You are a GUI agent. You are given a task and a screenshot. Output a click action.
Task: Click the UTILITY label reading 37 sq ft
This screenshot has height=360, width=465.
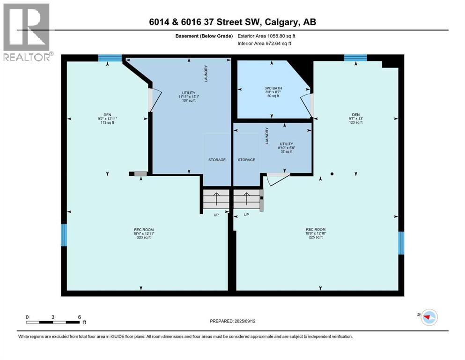click(x=286, y=148)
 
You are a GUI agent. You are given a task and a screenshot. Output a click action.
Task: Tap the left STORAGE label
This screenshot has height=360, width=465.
click(x=217, y=160)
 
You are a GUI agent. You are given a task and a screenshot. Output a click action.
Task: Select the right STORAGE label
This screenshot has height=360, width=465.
click(x=246, y=160)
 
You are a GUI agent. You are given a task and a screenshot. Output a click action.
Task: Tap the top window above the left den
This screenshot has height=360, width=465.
click(x=110, y=58)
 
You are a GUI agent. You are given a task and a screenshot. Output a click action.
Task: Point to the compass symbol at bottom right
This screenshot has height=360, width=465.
click(x=429, y=317)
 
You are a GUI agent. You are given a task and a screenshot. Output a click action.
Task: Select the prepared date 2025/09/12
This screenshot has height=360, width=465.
click(x=233, y=322)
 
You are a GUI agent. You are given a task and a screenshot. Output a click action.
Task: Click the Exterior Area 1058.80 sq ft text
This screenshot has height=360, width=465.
click(x=266, y=36)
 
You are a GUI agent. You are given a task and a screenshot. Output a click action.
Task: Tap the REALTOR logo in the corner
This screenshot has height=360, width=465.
click(x=26, y=32)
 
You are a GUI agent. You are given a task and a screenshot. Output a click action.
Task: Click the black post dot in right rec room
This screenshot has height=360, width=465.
click(x=332, y=174)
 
